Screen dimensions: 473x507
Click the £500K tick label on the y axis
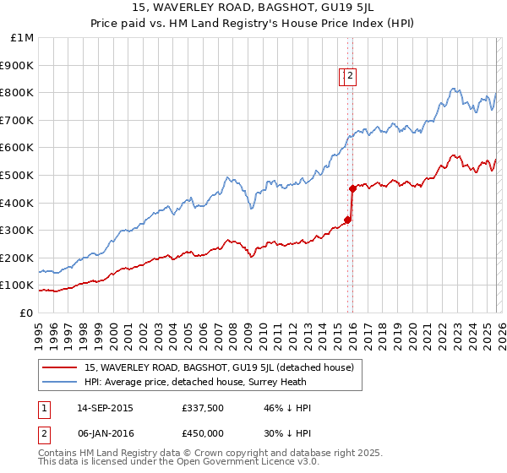[x=17, y=175]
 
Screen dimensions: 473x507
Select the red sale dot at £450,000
[x=352, y=188]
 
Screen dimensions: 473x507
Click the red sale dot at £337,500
[x=347, y=220]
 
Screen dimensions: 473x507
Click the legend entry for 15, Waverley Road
[x=223, y=367]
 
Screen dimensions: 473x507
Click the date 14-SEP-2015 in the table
[x=105, y=408]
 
